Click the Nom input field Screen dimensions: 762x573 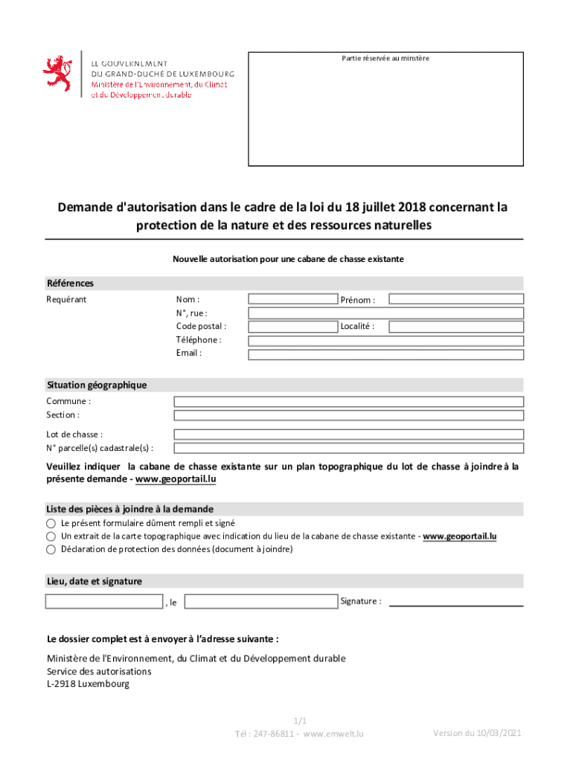click(292, 299)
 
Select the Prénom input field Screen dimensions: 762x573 click(455, 299)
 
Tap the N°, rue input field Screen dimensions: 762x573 click(385, 313)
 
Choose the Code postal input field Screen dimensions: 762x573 click(292, 327)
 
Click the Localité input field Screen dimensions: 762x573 click(455, 327)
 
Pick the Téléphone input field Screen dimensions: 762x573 click(385, 341)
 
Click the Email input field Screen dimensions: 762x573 click(385, 354)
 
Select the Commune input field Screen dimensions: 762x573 click(348, 402)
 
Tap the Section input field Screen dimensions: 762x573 click(348, 415)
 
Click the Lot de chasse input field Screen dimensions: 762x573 click(348, 435)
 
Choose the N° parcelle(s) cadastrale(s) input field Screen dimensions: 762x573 click(348, 448)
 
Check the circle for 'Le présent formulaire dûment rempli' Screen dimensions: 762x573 click(51, 523)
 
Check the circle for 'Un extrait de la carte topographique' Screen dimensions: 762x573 click(51, 537)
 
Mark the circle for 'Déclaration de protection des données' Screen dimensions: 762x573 click(51, 550)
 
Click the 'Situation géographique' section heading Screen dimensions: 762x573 click(97, 385)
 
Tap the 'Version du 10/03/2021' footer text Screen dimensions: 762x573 click(477, 733)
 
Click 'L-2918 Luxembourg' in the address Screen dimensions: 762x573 click(88, 684)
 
